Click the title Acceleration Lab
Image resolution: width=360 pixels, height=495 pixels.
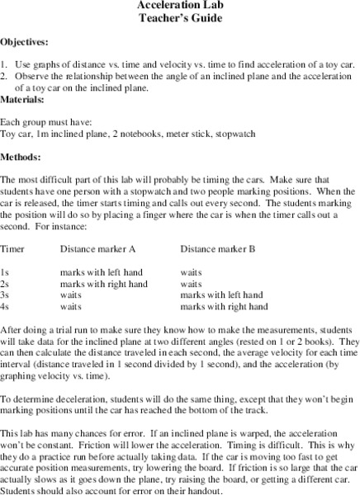(x=179, y=5)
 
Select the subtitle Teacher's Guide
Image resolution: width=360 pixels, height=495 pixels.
(x=179, y=18)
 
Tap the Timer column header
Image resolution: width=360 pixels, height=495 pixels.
(x=13, y=247)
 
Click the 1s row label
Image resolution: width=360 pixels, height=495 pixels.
(x=6, y=271)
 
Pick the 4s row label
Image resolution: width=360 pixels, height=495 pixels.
(x=6, y=305)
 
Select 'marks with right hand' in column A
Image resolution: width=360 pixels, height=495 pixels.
(x=104, y=282)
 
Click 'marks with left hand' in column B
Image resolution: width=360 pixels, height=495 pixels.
(x=221, y=294)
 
